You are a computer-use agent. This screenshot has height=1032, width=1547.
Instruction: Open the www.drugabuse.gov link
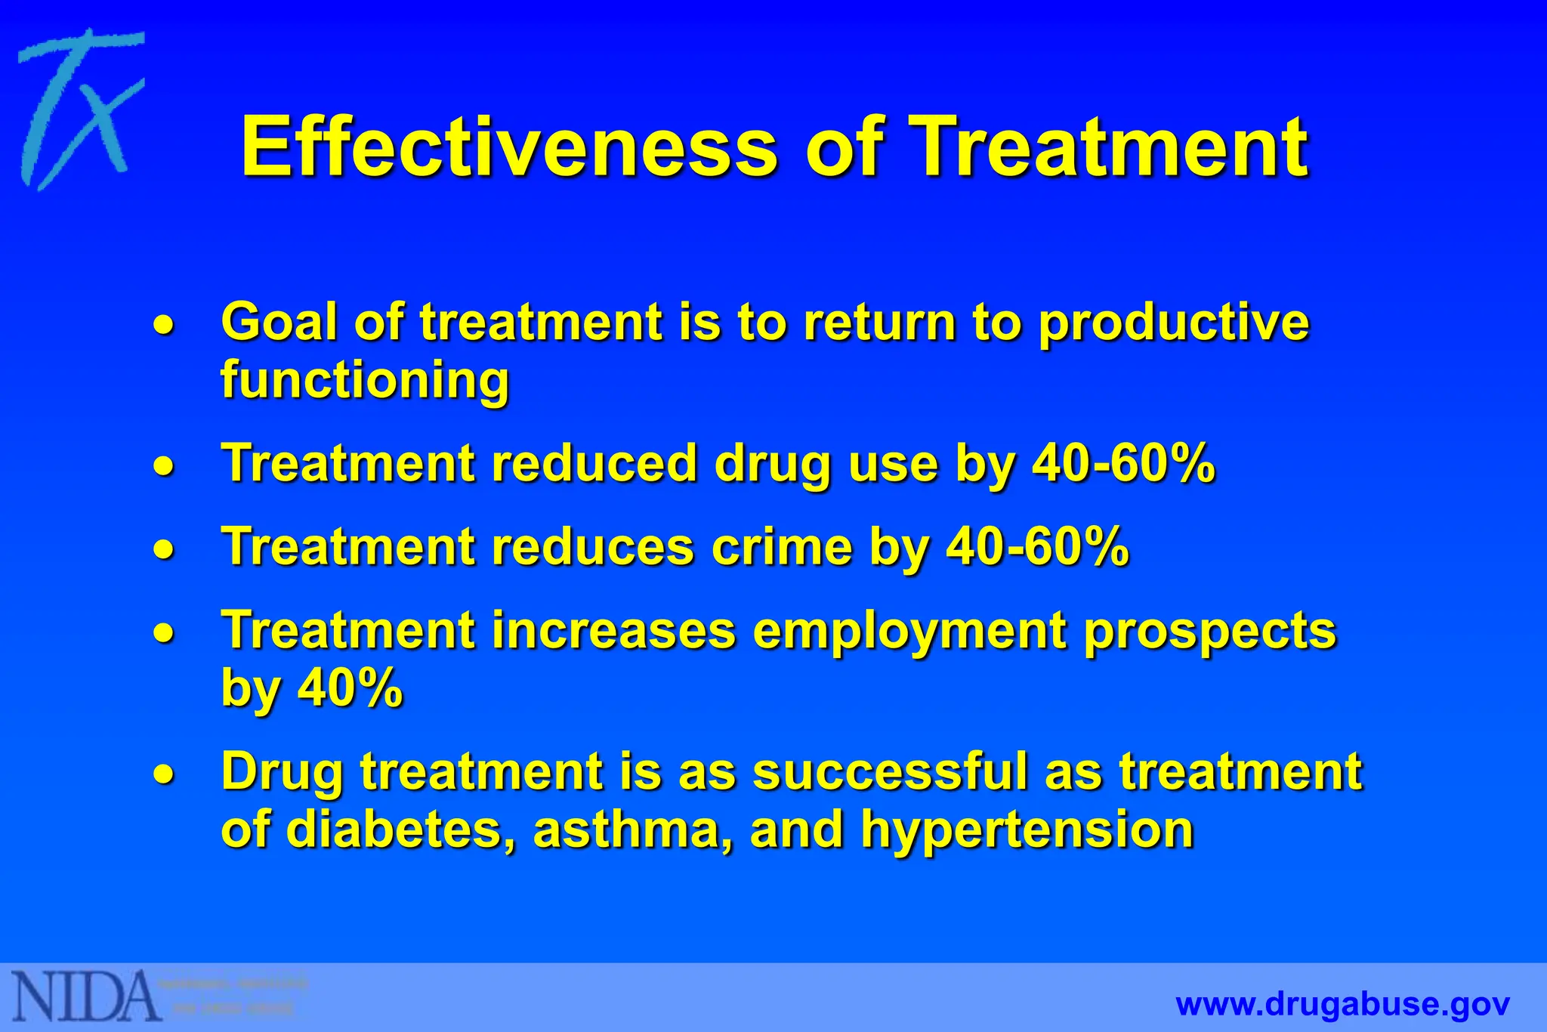1342,1005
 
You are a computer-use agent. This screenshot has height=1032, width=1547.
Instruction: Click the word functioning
365,381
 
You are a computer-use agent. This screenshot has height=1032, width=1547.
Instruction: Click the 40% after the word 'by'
350,687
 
